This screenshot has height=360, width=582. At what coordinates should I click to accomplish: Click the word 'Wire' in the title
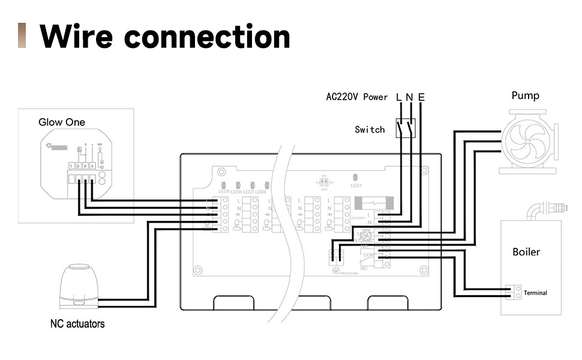(x=76, y=37)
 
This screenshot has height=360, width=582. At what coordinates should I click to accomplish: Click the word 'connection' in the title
(x=207, y=37)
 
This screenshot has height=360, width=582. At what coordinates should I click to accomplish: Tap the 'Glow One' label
(x=62, y=122)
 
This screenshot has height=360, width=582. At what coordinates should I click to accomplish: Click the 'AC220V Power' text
(x=357, y=97)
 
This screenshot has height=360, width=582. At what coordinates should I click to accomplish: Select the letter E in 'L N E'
(x=421, y=97)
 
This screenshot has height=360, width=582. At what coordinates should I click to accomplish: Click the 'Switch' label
(x=370, y=129)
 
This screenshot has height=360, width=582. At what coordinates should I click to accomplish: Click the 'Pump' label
(x=525, y=95)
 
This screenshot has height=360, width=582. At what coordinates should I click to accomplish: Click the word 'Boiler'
(x=526, y=252)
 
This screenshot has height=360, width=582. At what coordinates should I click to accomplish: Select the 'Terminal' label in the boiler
(x=535, y=293)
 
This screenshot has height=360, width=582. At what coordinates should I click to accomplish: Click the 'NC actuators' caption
(x=77, y=324)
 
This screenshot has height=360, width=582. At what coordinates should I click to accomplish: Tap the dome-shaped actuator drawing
(x=82, y=282)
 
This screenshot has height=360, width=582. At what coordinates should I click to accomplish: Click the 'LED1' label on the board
(x=356, y=186)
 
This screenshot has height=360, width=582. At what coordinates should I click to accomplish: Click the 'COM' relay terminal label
(x=368, y=255)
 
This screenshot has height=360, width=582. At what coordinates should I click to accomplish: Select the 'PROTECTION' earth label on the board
(x=348, y=273)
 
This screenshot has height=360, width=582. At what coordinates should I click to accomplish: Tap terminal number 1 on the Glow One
(x=71, y=166)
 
